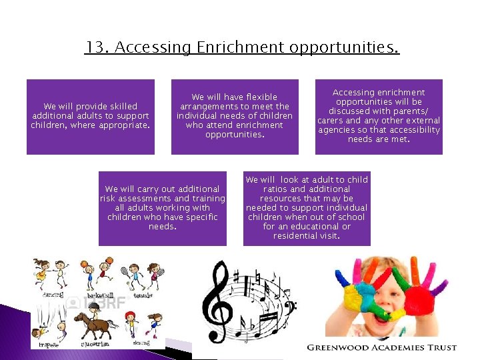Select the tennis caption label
[143, 295]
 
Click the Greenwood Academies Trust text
[381, 347]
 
